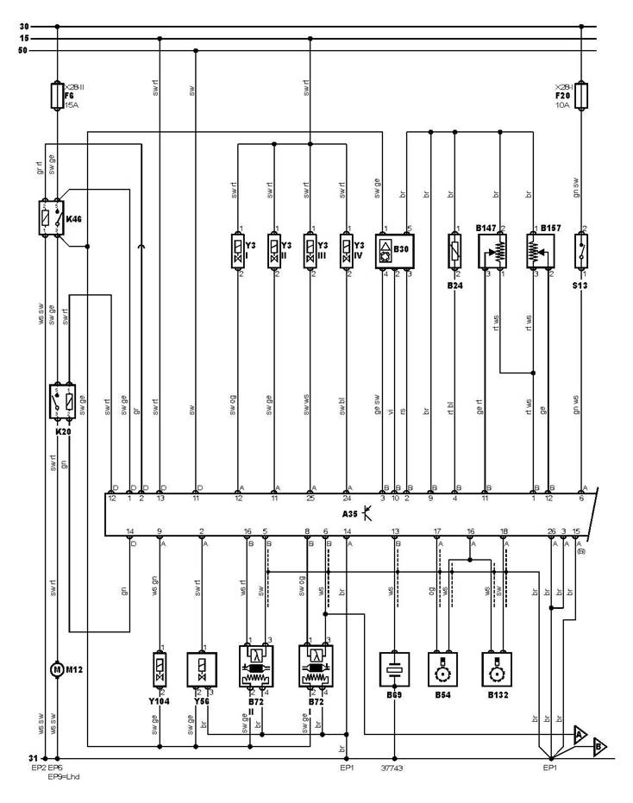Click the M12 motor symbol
coord(56,669)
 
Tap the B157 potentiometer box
coord(541,250)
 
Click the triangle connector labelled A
coord(580,734)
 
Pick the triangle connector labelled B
coord(600,748)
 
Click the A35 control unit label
coord(352,511)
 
